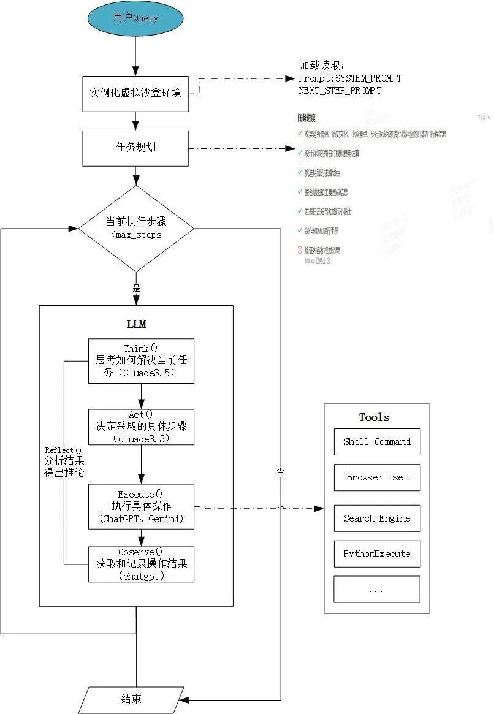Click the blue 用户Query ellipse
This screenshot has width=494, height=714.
(x=135, y=18)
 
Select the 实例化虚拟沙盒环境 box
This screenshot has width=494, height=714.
(x=135, y=94)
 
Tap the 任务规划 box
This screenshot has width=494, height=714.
(x=135, y=148)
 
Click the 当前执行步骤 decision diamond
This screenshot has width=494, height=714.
(x=136, y=229)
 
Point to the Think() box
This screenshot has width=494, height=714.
(x=141, y=361)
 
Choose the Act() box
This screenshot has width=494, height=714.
(x=141, y=427)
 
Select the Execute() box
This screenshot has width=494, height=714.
(x=141, y=506)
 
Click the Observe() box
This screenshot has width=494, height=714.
(x=141, y=564)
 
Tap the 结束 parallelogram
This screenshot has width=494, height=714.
(x=131, y=699)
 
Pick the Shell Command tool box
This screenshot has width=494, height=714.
(x=377, y=442)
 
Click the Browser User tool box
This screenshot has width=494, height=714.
(x=377, y=477)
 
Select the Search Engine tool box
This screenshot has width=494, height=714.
(x=377, y=518)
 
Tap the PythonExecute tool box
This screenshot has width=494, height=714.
(x=377, y=554)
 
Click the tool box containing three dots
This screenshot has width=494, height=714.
(x=377, y=590)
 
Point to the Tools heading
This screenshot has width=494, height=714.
(x=374, y=417)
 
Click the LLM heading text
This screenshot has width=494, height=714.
(x=136, y=324)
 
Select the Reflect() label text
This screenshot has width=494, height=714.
(x=63, y=450)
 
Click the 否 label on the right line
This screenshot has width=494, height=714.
(x=280, y=471)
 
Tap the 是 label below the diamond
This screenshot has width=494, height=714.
(x=136, y=287)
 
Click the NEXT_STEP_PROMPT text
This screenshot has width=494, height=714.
(x=340, y=91)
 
